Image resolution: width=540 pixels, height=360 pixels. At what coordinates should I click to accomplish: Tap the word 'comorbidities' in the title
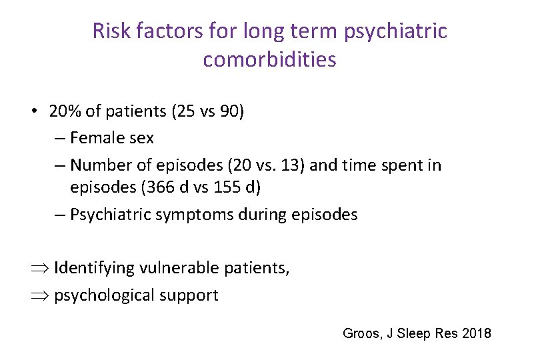269,60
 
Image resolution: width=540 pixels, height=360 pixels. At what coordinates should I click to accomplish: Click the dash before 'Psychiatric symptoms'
59,215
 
